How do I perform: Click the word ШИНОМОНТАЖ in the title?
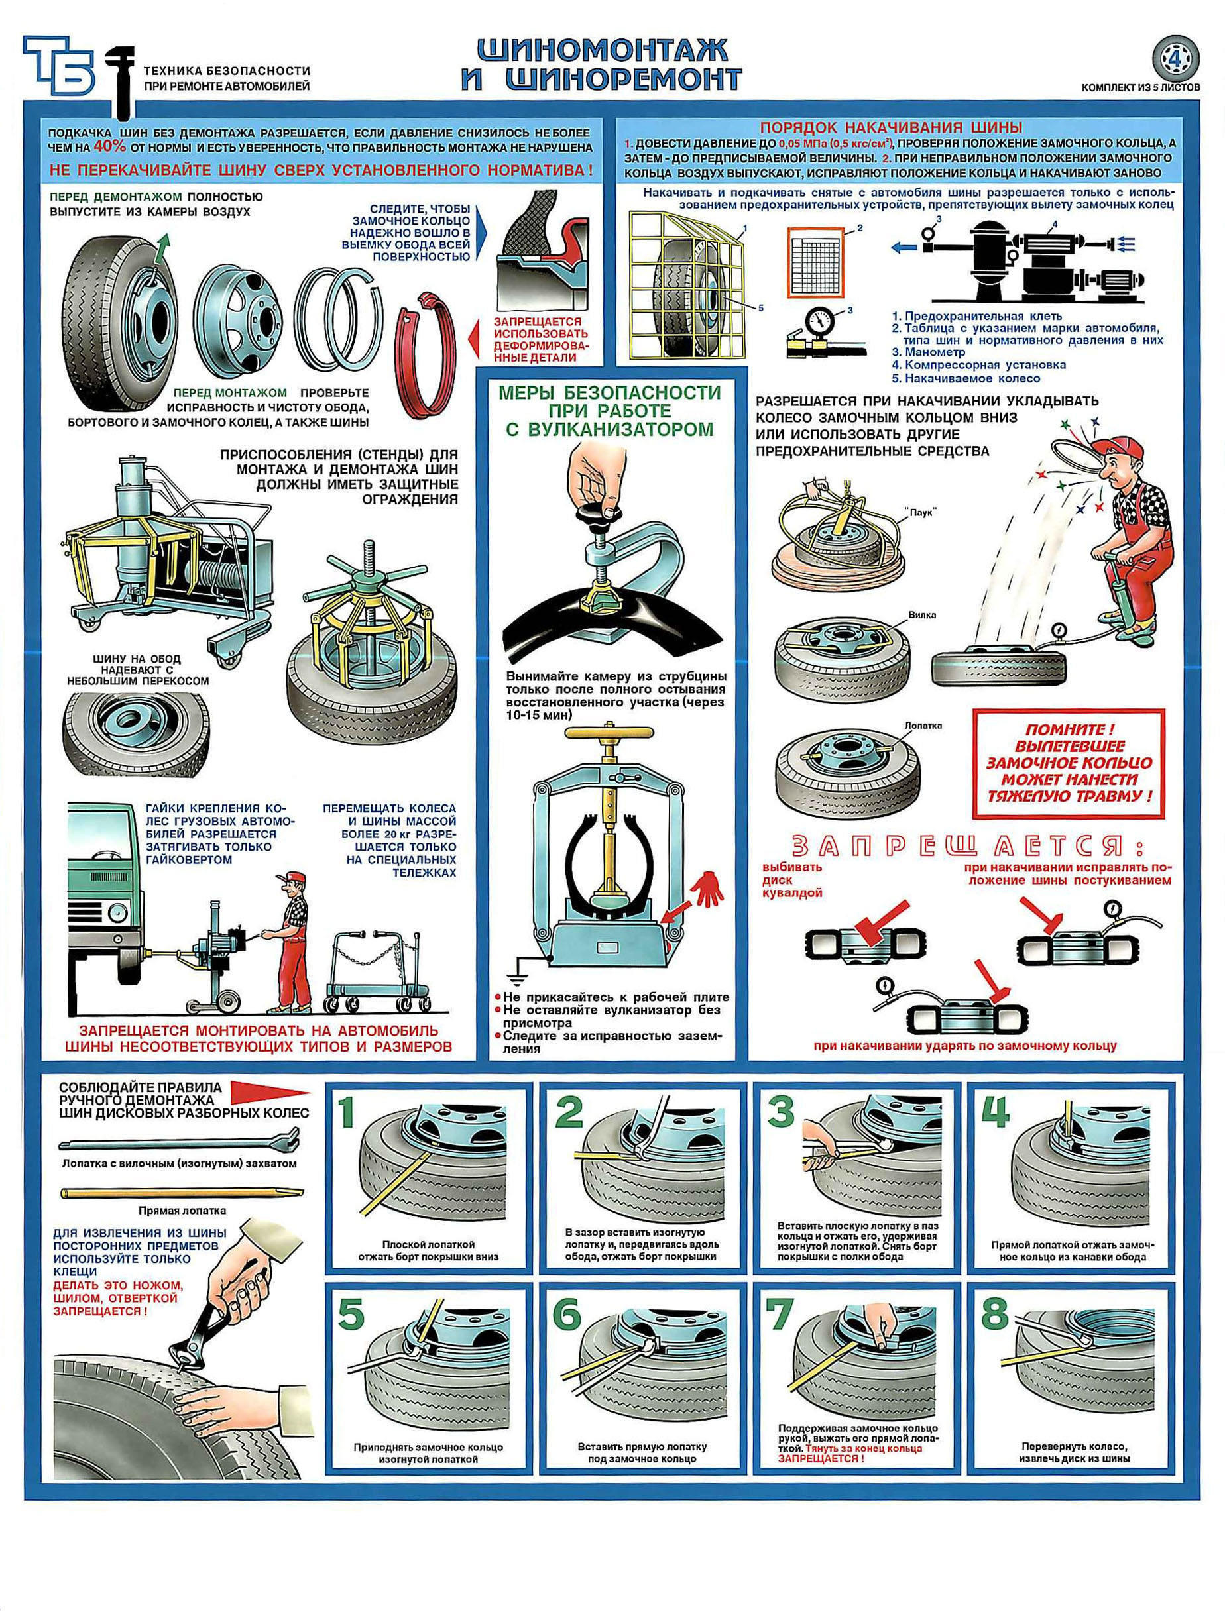[603, 50]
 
